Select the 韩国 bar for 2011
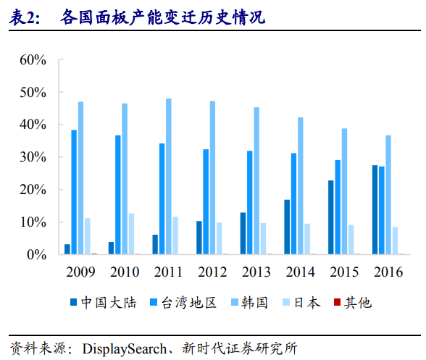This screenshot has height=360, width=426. pos(169,177)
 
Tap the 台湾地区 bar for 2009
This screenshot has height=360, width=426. pos(74,193)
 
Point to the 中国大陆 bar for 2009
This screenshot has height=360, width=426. pos(67,249)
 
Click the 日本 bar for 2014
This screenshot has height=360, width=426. pos(307,239)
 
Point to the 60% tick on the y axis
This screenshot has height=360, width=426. pos(33,60)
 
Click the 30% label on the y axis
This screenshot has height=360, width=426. pos(33,158)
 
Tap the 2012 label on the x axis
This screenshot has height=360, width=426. pos(213,272)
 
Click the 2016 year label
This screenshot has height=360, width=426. pos(388,272)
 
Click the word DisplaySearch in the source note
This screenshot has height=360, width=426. pos(124,347)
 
